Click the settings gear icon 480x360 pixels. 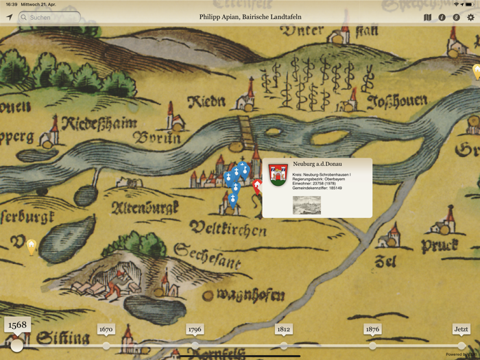tap(470, 17)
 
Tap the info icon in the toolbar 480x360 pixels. tap(442, 17)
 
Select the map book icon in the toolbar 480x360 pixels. tap(427, 17)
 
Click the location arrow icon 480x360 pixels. tap(9, 17)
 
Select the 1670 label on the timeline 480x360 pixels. tap(106, 330)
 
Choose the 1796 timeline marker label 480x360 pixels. tap(195, 330)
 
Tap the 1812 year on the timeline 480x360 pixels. tap(284, 330)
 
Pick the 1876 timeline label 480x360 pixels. tap(372, 330)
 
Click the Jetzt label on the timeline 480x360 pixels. tap(461, 330)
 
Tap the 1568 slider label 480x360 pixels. tap(17, 325)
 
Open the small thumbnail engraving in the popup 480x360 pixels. tap(307, 205)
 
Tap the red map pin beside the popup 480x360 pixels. tap(257, 186)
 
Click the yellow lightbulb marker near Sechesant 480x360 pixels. tap(31, 245)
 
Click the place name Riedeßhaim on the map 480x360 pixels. tap(99, 124)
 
